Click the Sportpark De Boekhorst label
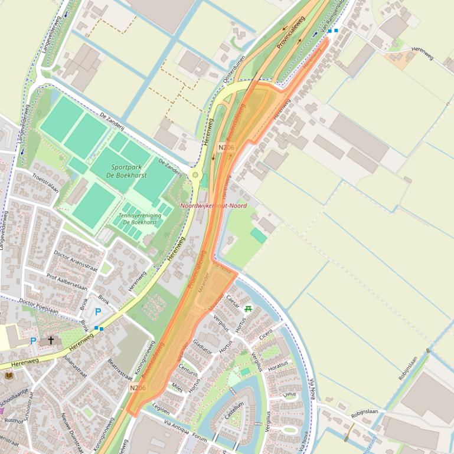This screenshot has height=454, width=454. click(126, 171)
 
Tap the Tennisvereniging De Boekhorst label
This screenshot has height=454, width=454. click(140, 219)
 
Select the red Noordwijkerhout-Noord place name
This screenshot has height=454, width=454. click(213, 206)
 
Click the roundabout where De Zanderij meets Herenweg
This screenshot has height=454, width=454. click(195, 175)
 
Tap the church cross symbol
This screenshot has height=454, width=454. click(51, 340)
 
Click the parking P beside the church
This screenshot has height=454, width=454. click(33, 341)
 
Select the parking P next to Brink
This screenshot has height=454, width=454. click(98, 312)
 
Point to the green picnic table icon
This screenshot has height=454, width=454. click(249, 308)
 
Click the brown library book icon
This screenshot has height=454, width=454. click(9, 375)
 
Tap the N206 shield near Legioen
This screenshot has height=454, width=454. click(138, 387)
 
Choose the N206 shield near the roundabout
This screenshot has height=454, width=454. click(226, 147)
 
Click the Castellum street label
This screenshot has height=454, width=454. click(234, 411)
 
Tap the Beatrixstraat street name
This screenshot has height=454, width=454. click(120, 368)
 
